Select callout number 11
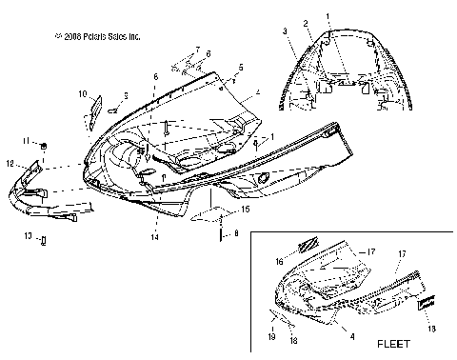click(28, 142)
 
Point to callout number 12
click(10, 164)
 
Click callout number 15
click(246, 208)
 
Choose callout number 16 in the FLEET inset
click(279, 259)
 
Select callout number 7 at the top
click(197, 49)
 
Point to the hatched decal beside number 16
click(306, 245)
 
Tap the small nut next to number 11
click(45, 144)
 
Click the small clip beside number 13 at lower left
click(44, 238)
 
